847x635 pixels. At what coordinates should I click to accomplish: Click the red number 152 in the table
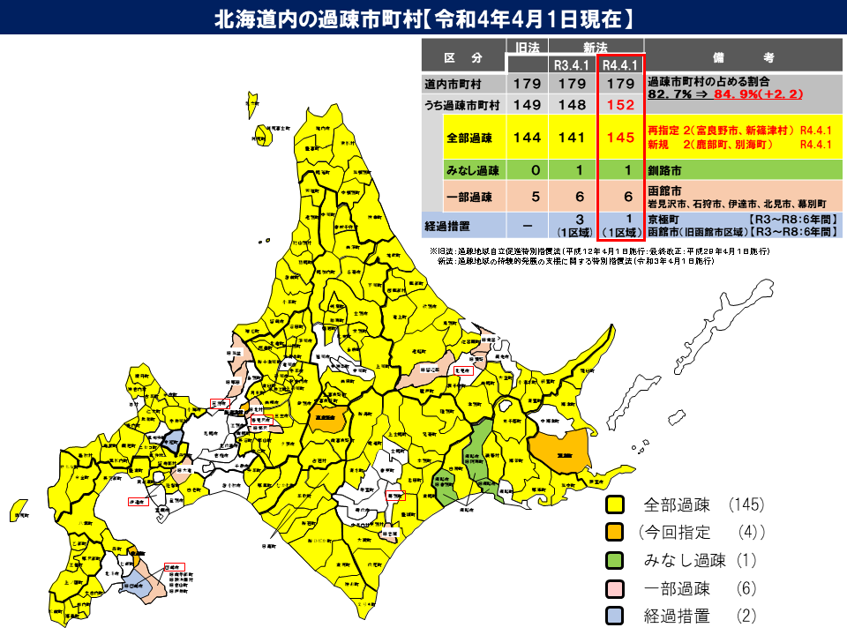[621, 104]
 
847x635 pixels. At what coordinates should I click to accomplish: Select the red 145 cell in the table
[621, 138]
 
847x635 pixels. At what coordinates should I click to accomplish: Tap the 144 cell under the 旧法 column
[527, 138]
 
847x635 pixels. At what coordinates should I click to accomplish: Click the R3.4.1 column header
[573, 65]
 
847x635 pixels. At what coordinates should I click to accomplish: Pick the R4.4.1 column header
[621, 65]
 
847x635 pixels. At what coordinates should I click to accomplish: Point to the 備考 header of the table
[742, 57]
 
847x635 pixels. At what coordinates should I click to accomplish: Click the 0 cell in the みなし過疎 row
[527, 170]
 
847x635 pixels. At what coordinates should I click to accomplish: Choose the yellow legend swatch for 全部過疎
[615, 505]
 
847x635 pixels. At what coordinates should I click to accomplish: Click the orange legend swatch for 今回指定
[615, 533]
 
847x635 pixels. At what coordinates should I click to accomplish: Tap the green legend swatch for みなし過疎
[615, 561]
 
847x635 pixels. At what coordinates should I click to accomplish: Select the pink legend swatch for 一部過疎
[615, 588]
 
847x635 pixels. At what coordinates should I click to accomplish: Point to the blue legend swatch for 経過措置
[615, 616]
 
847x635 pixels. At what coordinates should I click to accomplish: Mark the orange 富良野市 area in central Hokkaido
[327, 418]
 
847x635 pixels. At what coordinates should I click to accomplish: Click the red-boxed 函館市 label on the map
[172, 568]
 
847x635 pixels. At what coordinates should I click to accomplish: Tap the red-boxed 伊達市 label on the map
[137, 501]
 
